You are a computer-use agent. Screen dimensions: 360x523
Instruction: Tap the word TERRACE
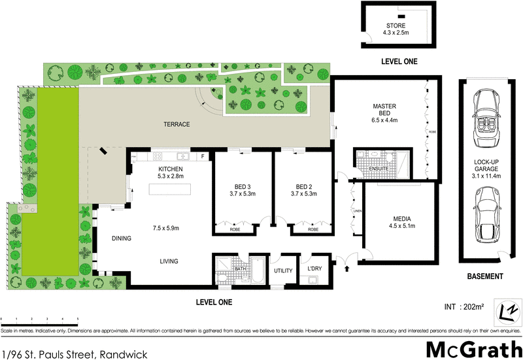(x=177, y=124)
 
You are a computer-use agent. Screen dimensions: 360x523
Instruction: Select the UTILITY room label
(x=283, y=270)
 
